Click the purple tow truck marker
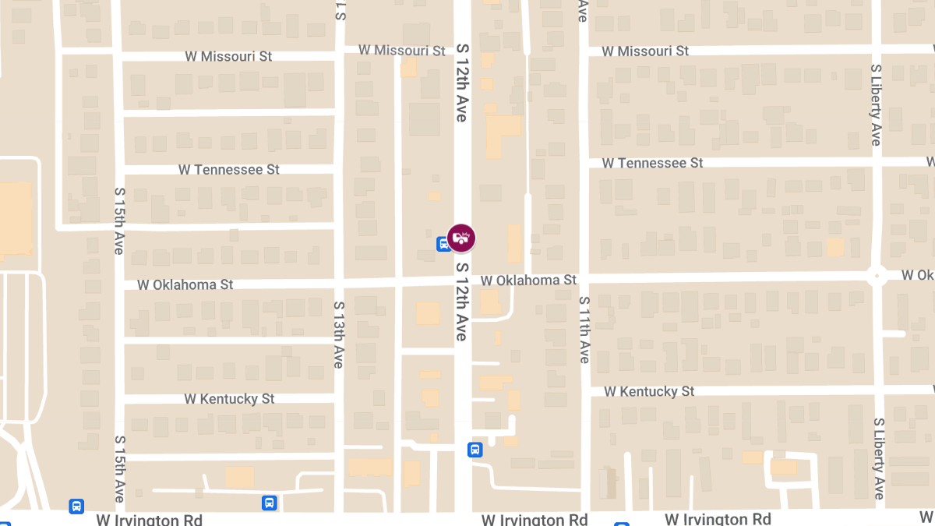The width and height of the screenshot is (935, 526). coord(461,238)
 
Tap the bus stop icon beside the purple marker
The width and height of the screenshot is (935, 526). coord(443,244)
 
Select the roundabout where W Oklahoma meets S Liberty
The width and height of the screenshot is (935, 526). coord(877,276)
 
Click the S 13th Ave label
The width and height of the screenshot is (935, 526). coord(338,334)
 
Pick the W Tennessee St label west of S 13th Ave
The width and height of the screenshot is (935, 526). coord(228,169)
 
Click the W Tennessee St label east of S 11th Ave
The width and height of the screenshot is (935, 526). coord(652,163)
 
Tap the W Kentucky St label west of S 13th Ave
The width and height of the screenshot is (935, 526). coord(229,398)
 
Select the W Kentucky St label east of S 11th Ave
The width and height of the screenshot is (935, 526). coord(648,391)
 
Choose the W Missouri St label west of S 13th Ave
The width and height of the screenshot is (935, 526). coord(228,56)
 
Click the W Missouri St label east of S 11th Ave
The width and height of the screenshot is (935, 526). coord(646,51)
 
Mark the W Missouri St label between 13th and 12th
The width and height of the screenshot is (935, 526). coord(401,50)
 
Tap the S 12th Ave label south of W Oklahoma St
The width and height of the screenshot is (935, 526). coord(461,302)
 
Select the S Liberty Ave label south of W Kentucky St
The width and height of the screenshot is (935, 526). coord(878,457)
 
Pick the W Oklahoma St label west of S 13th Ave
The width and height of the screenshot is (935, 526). coord(185,284)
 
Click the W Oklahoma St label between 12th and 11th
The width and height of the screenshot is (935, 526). coord(528,280)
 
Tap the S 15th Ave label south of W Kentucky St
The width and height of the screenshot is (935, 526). coord(119,468)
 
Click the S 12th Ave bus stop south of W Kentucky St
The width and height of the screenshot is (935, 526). coord(475,450)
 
